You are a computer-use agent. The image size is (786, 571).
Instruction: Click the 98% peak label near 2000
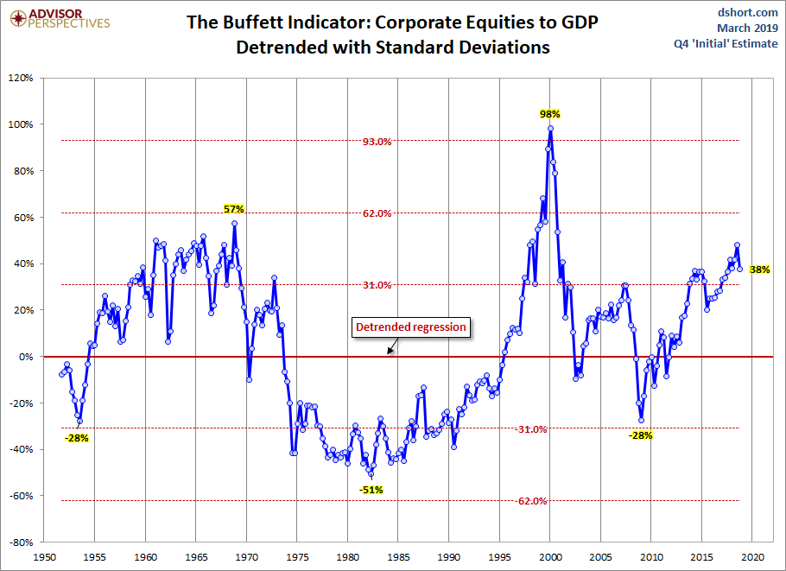(550, 113)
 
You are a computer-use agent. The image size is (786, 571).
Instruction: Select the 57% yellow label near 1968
(234, 208)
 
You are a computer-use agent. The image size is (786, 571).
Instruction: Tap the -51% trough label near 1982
(371, 490)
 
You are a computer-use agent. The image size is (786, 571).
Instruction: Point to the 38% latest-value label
(760, 270)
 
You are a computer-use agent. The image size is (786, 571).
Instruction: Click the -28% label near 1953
(77, 438)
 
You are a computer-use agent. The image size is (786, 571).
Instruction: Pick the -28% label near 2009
(640, 435)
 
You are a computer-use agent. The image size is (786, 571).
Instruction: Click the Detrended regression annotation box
(411, 327)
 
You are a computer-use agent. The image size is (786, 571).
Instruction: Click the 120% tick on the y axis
(20, 78)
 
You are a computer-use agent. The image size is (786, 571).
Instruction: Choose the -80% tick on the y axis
(20, 542)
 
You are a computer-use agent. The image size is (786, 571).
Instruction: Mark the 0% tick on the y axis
(25, 357)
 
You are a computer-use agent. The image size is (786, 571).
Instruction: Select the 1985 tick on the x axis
(398, 558)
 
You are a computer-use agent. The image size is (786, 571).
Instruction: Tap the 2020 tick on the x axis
(752, 558)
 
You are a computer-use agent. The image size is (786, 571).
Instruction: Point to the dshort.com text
(748, 12)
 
